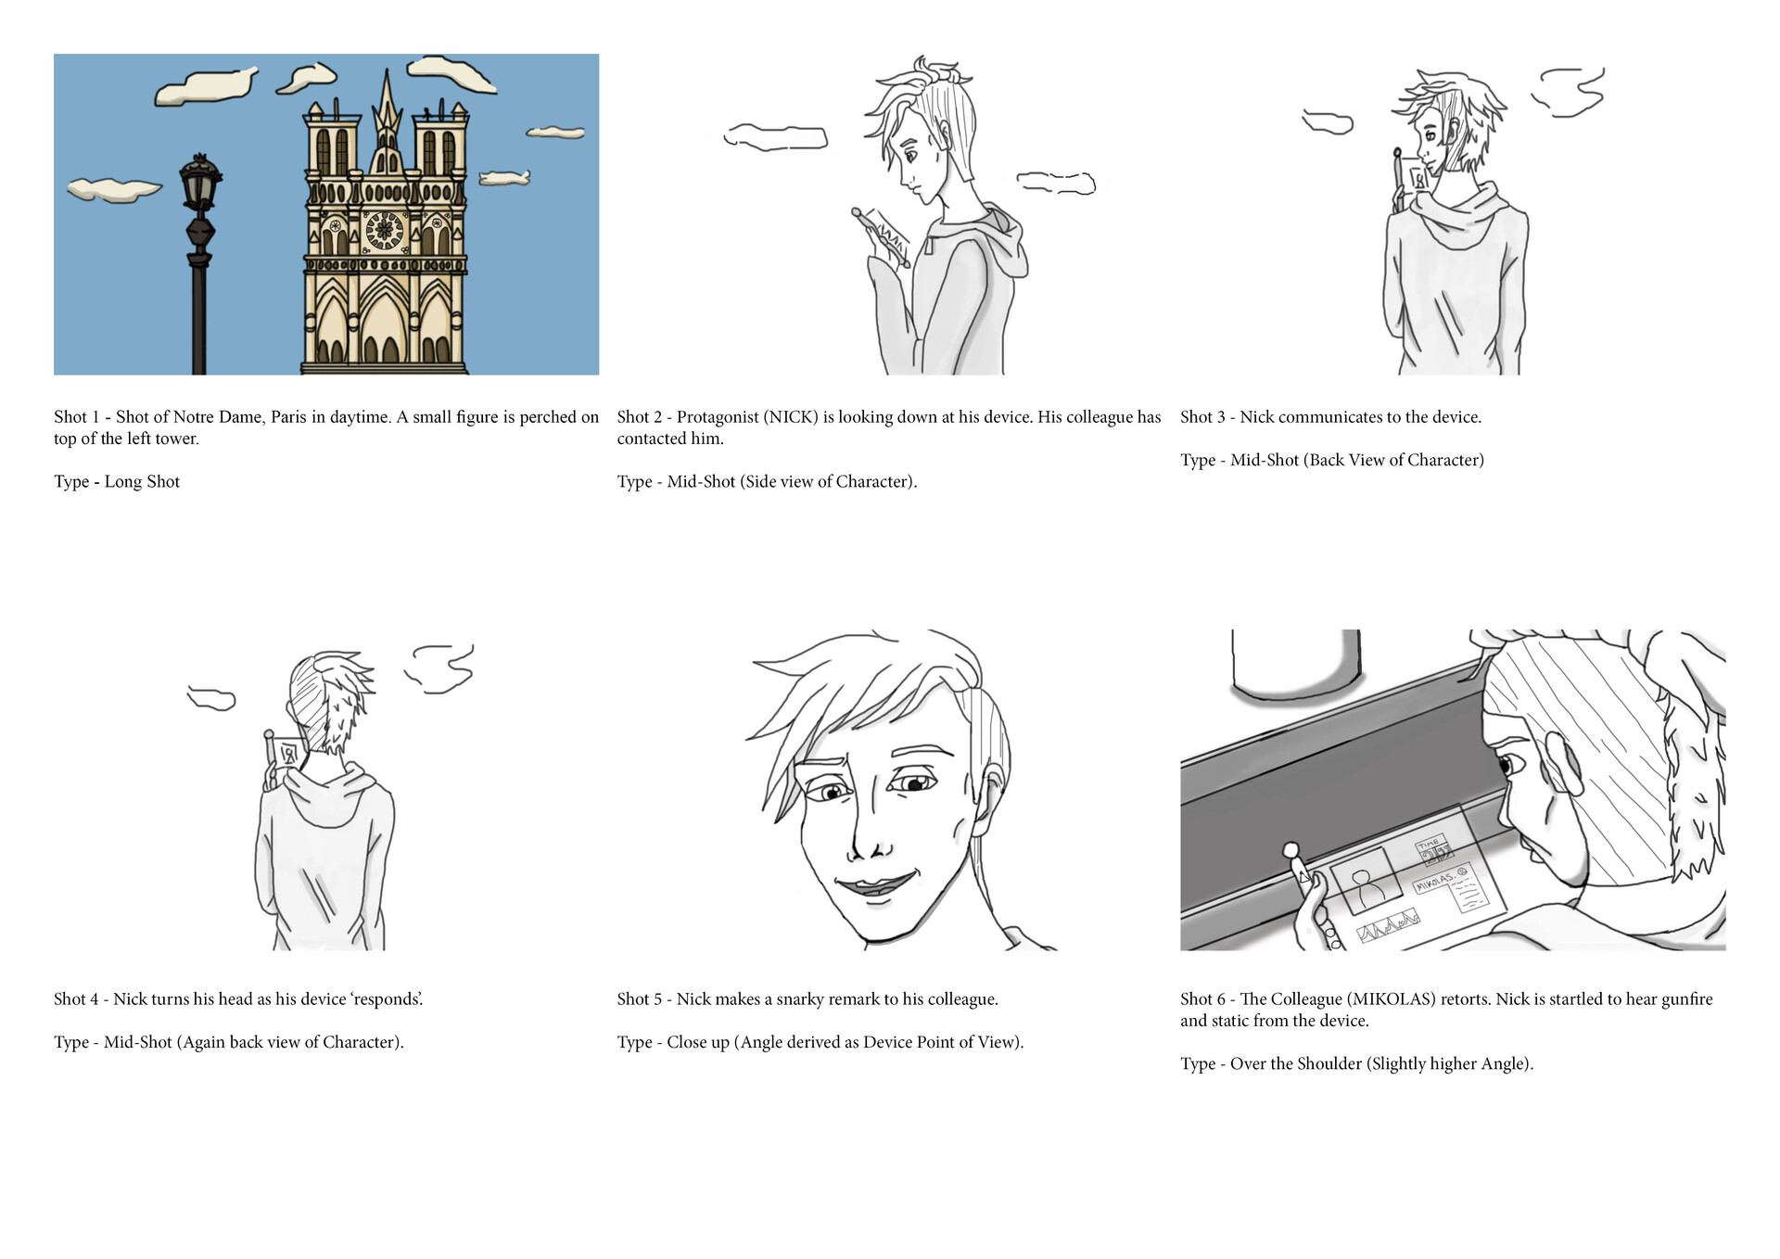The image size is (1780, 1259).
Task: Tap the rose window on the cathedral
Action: [x=384, y=231]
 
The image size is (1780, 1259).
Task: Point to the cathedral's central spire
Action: [x=387, y=111]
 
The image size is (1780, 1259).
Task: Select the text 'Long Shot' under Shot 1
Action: [x=142, y=481]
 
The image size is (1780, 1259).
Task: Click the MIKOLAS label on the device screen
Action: [x=1433, y=882]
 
